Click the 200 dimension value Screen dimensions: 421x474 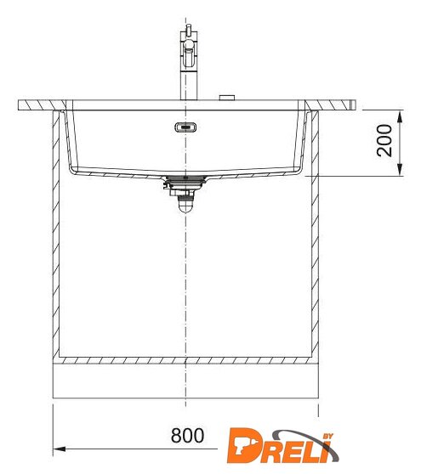[x=384, y=140]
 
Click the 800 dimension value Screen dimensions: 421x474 [x=187, y=435]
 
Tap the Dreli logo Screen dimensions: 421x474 [x=282, y=445]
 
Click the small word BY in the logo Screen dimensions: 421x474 [x=327, y=437]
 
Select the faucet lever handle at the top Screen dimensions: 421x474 [x=189, y=30]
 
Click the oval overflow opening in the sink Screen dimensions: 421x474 [x=185, y=127]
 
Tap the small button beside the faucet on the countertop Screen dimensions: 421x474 [x=227, y=98]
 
